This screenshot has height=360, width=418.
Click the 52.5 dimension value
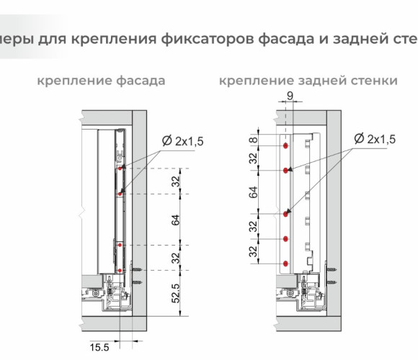[176, 294]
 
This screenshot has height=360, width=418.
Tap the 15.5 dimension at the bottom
[99, 348]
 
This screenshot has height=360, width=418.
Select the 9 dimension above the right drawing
[290, 96]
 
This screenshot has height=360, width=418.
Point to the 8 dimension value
[254, 139]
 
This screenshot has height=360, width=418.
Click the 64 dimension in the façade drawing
[176, 220]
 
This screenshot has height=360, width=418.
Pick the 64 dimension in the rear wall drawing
[254, 192]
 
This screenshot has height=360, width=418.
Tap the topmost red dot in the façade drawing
[120, 168]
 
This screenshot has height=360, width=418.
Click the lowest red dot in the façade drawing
[120, 271]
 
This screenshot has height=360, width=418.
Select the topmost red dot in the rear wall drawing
[285, 146]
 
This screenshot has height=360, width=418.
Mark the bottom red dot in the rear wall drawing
[286, 264]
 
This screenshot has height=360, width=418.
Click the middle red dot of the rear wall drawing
[286, 214]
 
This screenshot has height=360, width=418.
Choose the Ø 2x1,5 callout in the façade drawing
[182, 141]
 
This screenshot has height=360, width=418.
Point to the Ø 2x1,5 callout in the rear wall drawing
[375, 139]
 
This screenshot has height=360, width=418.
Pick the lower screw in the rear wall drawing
[332, 282]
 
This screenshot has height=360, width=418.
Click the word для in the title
[52, 40]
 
